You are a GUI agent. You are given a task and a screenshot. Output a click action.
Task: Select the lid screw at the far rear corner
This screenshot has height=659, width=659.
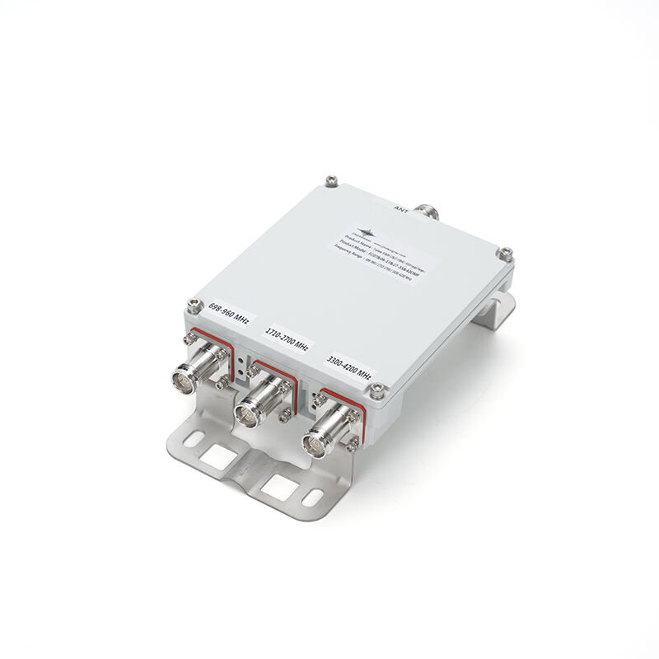[331, 178]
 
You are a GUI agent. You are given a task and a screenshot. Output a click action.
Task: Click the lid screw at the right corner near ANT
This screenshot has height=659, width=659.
[506, 251]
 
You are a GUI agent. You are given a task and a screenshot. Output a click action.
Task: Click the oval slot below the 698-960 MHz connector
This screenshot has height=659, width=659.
[191, 440]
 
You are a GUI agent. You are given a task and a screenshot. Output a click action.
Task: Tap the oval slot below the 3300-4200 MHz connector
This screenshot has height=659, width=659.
[313, 498]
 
